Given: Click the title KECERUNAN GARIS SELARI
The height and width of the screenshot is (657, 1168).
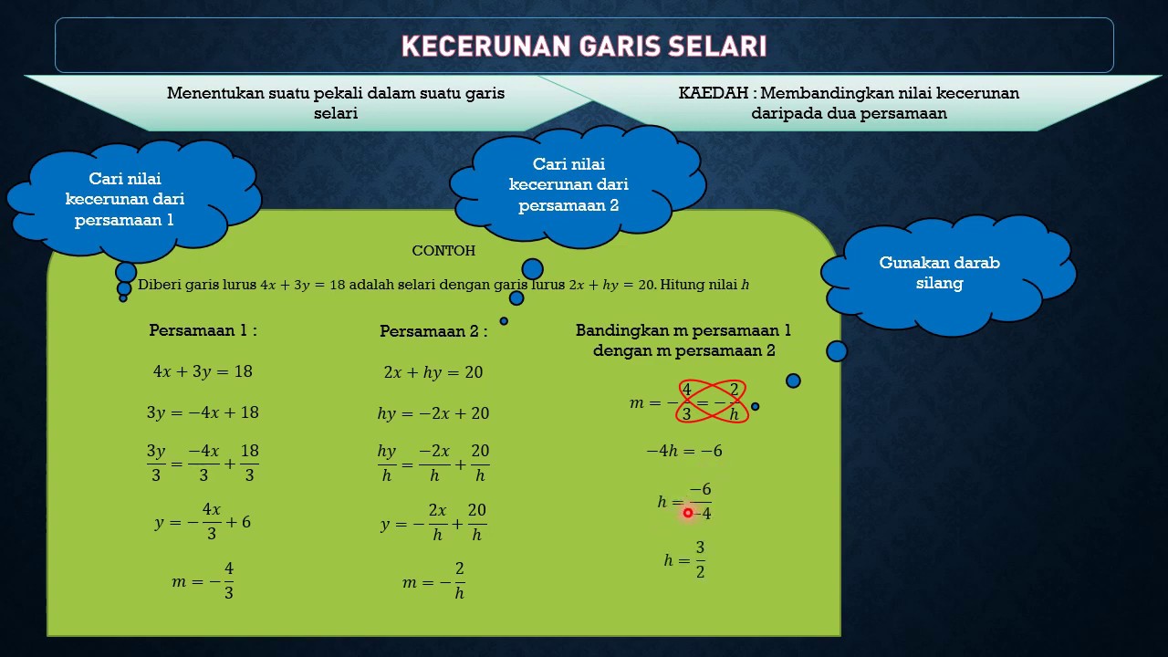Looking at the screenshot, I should [584, 47].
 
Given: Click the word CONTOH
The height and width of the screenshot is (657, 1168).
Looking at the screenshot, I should [443, 251].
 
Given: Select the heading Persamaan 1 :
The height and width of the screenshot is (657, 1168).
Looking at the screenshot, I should [203, 330].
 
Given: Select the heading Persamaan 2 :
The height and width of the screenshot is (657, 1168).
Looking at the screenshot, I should [433, 331].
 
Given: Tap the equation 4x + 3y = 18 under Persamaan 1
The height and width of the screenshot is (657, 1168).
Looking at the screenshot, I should [203, 371].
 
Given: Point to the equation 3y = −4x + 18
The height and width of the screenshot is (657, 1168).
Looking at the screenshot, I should [203, 412].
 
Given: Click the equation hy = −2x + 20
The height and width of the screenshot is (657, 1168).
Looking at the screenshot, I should [433, 413].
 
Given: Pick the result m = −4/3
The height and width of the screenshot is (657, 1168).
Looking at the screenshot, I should [203, 580].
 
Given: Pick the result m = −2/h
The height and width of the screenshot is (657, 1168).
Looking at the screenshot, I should [433, 581].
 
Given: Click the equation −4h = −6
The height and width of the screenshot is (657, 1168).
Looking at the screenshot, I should [684, 451].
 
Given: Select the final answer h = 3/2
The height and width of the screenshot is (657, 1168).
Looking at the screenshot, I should [684, 559].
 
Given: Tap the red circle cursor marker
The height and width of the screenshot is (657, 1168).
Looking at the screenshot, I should [688, 513].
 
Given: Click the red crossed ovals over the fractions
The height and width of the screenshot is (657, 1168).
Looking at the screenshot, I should [712, 401].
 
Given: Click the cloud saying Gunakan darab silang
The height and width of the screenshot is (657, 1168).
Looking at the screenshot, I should [940, 273].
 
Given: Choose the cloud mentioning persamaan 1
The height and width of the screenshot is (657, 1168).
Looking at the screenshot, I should [125, 199].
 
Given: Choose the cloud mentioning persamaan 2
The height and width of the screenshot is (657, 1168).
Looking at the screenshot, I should [568, 184].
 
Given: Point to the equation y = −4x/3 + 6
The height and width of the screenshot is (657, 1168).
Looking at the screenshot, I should [203, 522].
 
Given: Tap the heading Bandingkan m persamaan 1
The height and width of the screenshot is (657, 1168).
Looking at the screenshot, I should [683, 330].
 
